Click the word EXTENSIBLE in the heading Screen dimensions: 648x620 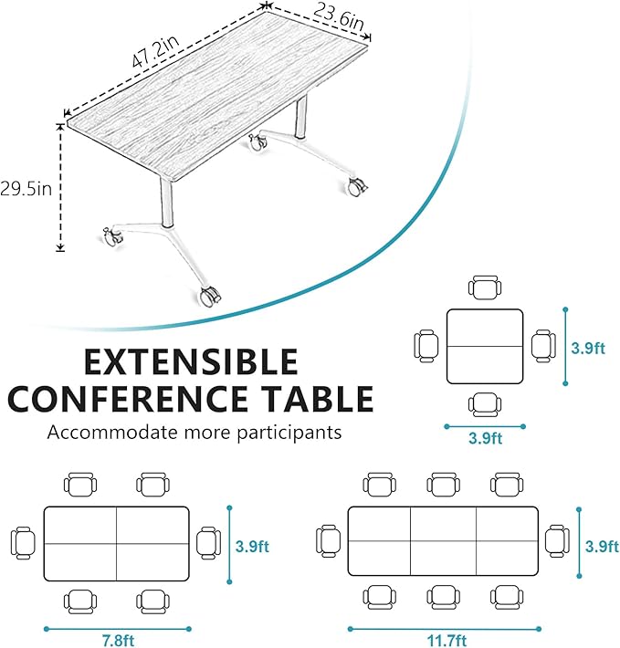(190, 362)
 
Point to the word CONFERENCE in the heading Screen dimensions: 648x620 (135, 400)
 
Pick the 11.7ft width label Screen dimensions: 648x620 (444, 640)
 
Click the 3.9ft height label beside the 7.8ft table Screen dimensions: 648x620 (252, 548)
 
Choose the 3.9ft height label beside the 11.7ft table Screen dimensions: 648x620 (602, 548)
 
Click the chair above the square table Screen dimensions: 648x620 (485, 287)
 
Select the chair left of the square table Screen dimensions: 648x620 (426, 346)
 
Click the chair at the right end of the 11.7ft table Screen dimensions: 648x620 (557, 540)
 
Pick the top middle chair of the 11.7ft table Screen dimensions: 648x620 (444, 485)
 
